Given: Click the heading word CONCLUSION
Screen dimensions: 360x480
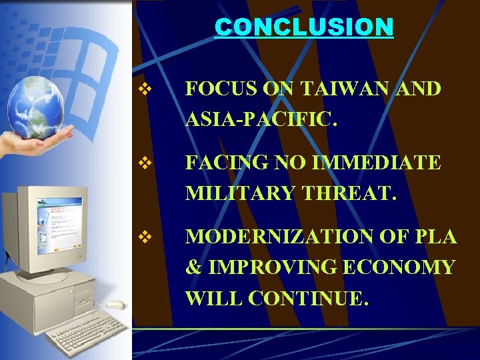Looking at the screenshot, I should click(304, 27).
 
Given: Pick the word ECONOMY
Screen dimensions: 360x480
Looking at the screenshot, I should click(399, 267).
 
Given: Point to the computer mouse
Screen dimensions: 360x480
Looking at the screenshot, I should click(115, 305).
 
